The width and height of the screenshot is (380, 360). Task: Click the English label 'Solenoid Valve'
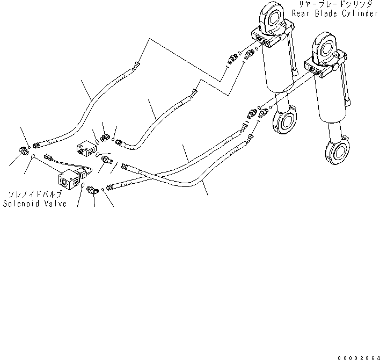pos(35,204)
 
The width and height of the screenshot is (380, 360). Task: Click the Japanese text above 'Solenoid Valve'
pos(35,195)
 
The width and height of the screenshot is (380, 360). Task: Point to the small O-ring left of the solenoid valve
pos(34,157)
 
